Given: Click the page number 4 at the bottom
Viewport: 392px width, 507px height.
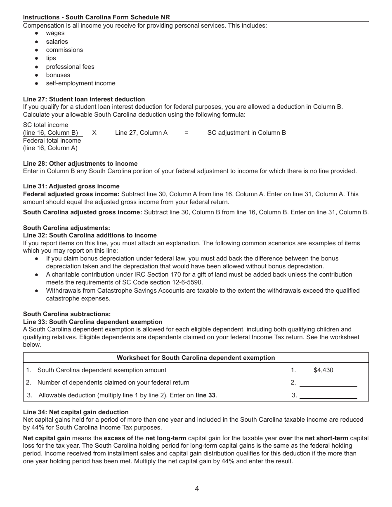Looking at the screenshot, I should (x=197, y=489).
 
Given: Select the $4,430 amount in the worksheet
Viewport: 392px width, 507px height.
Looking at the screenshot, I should (x=323, y=370).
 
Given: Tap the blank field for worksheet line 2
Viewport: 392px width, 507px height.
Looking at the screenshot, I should (x=328, y=383).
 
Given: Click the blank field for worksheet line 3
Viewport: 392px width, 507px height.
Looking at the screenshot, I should (x=328, y=395).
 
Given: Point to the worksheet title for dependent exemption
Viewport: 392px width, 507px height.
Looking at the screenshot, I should (x=196, y=358).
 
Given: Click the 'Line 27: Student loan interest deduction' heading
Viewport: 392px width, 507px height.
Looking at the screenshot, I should (x=84, y=99).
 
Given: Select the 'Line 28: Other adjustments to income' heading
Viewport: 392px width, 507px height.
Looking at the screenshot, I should (x=80, y=164).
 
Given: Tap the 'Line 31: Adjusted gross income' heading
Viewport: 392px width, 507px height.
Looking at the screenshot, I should (x=71, y=186).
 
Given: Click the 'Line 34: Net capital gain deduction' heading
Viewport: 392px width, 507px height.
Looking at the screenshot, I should (x=76, y=412).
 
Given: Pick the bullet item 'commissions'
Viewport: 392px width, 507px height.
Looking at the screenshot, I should (x=64, y=50).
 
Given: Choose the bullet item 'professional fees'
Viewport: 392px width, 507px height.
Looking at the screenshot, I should (x=70, y=67).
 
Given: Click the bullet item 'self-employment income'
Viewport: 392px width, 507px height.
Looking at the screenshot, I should (x=80, y=83).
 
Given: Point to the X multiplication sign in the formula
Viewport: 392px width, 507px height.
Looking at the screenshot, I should (x=94, y=133).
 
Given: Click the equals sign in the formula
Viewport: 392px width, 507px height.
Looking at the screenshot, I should (x=186, y=133).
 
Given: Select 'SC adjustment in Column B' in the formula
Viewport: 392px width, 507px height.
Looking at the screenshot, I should (x=246, y=133).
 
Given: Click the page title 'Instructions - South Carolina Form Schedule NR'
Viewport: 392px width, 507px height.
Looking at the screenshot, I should (x=96, y=17).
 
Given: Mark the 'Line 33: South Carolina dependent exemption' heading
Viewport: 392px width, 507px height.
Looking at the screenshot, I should (x=92, y=322).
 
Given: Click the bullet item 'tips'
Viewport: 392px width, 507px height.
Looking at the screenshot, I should (x=51, y=58).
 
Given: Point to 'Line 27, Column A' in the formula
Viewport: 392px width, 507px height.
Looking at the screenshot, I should (x=141, y=133).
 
